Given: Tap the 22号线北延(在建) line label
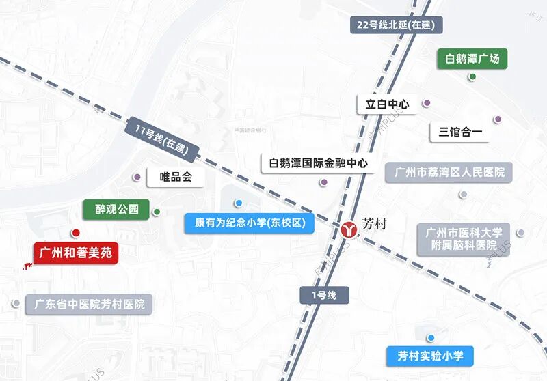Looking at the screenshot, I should pos(399,25).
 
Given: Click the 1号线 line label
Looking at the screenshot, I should pos(325,295).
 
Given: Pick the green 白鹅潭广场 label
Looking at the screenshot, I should pos(472,59).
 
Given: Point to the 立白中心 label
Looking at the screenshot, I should pos(387,104).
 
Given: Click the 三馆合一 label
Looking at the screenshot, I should pos(460,131).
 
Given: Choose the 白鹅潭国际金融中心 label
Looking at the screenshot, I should pos(319,163).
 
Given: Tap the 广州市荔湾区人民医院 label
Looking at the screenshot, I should pos(449,172).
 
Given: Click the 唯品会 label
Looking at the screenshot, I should pos(176,177).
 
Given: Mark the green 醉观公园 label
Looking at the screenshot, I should pos(116,209).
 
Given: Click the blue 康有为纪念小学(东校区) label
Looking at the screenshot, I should pos(250,223).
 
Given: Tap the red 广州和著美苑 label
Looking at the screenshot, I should pos(76,253).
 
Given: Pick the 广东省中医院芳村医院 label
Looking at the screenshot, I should pos(89,304).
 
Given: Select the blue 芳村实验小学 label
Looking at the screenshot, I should pos(430,356).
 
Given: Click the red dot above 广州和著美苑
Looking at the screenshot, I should pos(76,234).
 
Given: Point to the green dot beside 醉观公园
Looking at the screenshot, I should pos(157,212).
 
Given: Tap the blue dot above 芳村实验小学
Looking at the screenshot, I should pos(431,338).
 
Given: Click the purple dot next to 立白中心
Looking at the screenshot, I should pos(427,104).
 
